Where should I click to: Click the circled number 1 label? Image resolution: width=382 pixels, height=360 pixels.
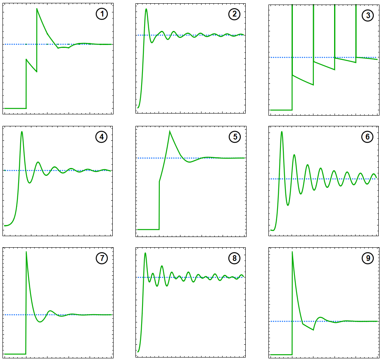102,14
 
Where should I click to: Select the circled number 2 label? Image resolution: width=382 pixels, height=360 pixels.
235,14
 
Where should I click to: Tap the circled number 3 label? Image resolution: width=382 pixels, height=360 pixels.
368,16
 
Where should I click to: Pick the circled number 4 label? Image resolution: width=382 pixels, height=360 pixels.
102,137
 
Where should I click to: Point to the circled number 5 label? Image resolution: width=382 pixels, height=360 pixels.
235,137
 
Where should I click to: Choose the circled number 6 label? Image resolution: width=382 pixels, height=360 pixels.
368,137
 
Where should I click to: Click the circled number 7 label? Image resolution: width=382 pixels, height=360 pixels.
102,258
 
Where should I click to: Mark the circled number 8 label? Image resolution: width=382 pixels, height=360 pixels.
235,258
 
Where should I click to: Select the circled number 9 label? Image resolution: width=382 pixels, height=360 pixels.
368,258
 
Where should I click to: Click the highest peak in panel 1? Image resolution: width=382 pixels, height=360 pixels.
37,9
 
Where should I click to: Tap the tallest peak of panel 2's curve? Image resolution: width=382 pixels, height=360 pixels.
146,9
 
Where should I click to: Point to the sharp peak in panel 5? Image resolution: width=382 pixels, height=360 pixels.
169,131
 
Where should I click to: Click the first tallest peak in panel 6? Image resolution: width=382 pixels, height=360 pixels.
282,132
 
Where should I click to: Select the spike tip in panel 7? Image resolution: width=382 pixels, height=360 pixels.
26,252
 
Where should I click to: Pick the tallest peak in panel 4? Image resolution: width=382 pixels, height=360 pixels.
21,132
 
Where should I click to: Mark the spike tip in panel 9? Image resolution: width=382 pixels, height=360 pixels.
292,252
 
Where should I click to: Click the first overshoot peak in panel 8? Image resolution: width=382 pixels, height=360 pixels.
145,253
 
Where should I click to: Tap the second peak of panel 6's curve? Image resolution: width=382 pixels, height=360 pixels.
294,155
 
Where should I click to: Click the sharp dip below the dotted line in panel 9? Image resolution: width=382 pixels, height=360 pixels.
313,330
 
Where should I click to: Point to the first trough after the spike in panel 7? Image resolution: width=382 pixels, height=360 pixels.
40,322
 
